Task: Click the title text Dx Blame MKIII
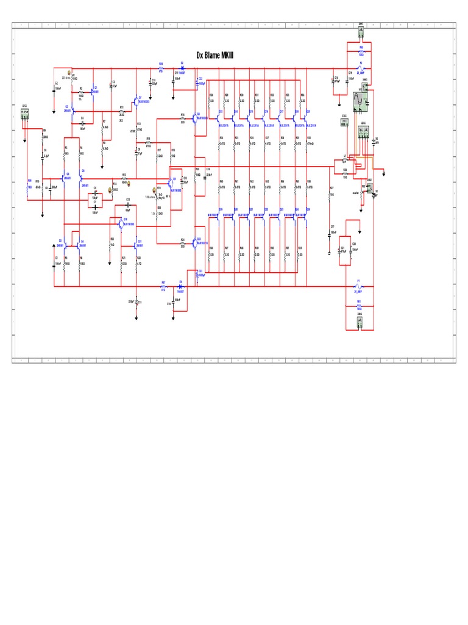tap(215, 55)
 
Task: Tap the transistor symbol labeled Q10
tap(121, 222)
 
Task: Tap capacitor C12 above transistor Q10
tap(128, 204)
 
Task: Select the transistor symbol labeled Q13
tap(196, 243)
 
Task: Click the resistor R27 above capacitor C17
tap(330, 191)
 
